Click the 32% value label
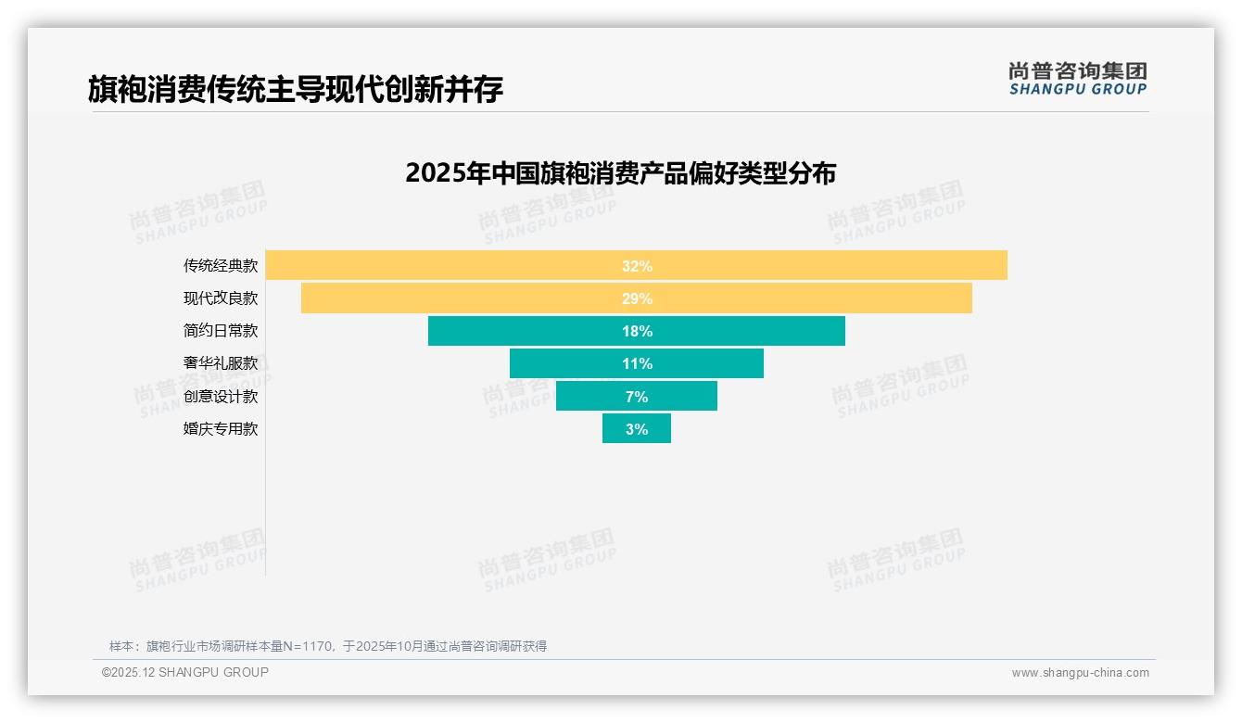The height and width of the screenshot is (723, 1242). [637, 266]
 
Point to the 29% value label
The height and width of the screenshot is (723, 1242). [637, 298]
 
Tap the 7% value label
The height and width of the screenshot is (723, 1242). [637, 397]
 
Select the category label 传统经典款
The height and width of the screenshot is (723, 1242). [221, 266]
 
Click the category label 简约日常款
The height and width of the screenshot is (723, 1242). [221, 331]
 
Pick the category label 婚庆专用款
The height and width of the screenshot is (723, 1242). [221, 429]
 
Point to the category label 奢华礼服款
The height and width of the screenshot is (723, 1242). [221, 363]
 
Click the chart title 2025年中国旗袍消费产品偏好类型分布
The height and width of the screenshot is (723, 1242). [620, 173]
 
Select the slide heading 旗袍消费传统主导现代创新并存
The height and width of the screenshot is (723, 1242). [296, 89]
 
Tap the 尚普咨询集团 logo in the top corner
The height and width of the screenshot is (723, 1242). [1077, 79]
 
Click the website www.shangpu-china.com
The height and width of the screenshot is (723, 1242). [1080, 673]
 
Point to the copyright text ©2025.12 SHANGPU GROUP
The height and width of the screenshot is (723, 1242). [185, 672]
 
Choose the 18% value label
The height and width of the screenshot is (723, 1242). [637, 331]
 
